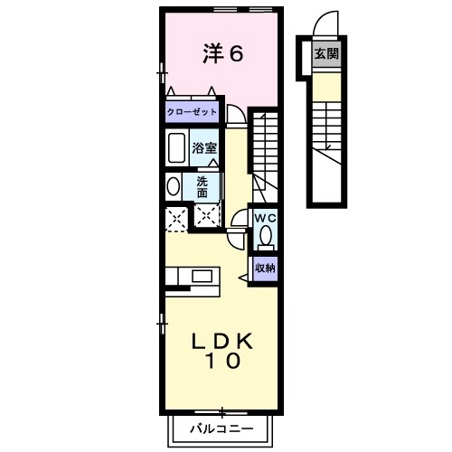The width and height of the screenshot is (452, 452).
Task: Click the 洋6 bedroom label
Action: coord(222,54)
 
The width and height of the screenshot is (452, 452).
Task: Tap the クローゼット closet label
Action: coord(192,113)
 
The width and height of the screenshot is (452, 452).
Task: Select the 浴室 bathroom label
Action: coord(203,147)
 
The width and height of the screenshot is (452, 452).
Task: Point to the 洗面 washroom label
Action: coord(202,186)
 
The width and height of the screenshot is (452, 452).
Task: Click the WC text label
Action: coord(264,219)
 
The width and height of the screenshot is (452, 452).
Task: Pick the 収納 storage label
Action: coord(264,268)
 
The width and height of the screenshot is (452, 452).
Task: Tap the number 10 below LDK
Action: coord(221,363)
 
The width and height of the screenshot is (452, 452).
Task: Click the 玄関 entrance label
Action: coord(326,54)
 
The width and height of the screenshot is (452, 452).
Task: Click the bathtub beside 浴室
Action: coord(176,146)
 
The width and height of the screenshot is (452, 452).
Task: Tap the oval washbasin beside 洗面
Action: coord(173,186)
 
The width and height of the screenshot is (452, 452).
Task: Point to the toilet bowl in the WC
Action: coord(265,237)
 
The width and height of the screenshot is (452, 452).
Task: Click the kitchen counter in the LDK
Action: coord(189,277)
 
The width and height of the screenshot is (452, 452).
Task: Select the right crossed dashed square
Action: coord(207,217)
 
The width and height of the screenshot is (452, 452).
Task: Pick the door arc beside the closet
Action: coord(234,115)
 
